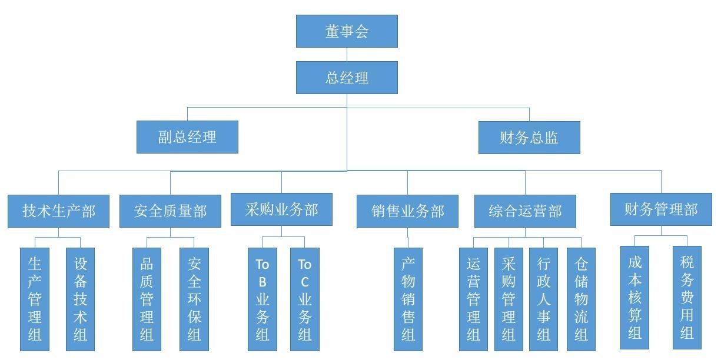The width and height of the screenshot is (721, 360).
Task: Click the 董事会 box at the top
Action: coord(347,31)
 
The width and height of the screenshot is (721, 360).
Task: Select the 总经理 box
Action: coord(347,78)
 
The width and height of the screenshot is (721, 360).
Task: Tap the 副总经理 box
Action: coord(187,137)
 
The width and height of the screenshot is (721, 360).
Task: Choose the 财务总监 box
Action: coord(529,138)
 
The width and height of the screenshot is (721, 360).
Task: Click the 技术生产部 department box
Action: coord(58,211)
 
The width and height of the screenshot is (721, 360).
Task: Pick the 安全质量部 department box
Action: coord(170,211)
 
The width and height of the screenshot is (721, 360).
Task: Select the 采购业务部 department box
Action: coord(281,209)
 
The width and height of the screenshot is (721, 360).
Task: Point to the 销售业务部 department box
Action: coord(407,211)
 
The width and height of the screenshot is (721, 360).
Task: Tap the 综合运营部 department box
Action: coord(525,211)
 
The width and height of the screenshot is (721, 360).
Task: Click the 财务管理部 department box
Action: coord(661,209)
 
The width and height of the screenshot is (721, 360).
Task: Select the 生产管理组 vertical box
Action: coord(35,299)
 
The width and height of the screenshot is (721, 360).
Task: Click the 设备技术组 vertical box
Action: coord(81,299)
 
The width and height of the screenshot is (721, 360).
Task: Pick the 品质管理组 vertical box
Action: coord(147,299)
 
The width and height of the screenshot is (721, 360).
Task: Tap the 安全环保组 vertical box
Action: coord(194,299)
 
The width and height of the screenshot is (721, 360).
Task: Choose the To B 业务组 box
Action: coord(263,299)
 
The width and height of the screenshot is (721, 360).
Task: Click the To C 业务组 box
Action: coord(304,299)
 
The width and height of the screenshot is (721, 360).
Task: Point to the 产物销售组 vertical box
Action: coord(408,299)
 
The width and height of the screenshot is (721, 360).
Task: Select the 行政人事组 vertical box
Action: coord(543,299)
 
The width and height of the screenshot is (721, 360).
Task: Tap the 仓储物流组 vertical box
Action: coord(581,299)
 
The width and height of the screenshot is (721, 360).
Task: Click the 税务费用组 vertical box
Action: coord(687,298)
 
